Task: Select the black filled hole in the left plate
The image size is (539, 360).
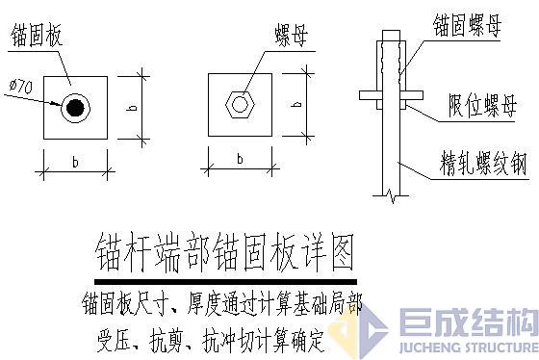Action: point(74,107)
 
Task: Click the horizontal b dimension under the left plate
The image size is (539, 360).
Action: point(74,161)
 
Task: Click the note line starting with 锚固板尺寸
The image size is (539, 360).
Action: point(222,298)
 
